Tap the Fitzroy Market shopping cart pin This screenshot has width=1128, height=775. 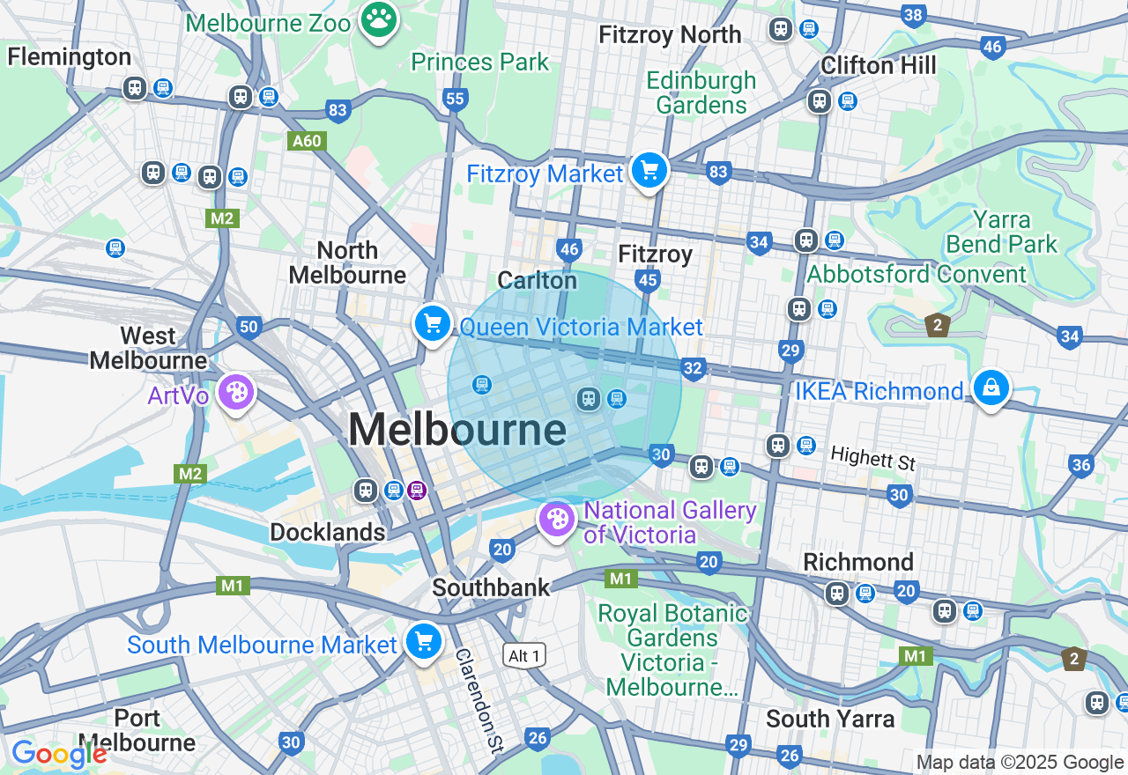pyautogui.click(x=649, y=170)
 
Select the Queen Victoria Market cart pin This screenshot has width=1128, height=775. pyautogui.click(x=432, y=324)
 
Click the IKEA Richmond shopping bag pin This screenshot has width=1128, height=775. pyautogui.click(x=991, y=387)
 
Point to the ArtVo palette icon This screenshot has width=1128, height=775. pyautogui.click(x=235, y=393)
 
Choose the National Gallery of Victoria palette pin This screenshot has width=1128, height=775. pyautogui.click(x=557, y=520)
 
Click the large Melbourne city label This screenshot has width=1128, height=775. pyautogui.click(x=456, y=431)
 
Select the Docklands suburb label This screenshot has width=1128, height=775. pyautogui.click(x=327, y=532)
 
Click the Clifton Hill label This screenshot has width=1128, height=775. pyautogui.click(x=878, y=65)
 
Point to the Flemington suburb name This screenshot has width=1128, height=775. pyautogui.click(x=69, y=57)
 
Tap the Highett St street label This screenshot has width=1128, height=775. pyautogui.click(x=872, y=459)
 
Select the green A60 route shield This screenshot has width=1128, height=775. pyautogui.click(x=308, y=141)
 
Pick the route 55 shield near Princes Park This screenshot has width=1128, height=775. pyautogui.click(x=455, y=99)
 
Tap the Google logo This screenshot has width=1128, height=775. pyautogui.click(x=58, y=754)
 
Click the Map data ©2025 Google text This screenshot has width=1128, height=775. pyautogui.click(x=1020, y=763)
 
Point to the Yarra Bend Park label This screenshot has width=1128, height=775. pyautogui.click(x=1001, y=232)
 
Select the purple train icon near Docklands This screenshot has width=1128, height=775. pyautogui.click(x=417, y=490)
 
